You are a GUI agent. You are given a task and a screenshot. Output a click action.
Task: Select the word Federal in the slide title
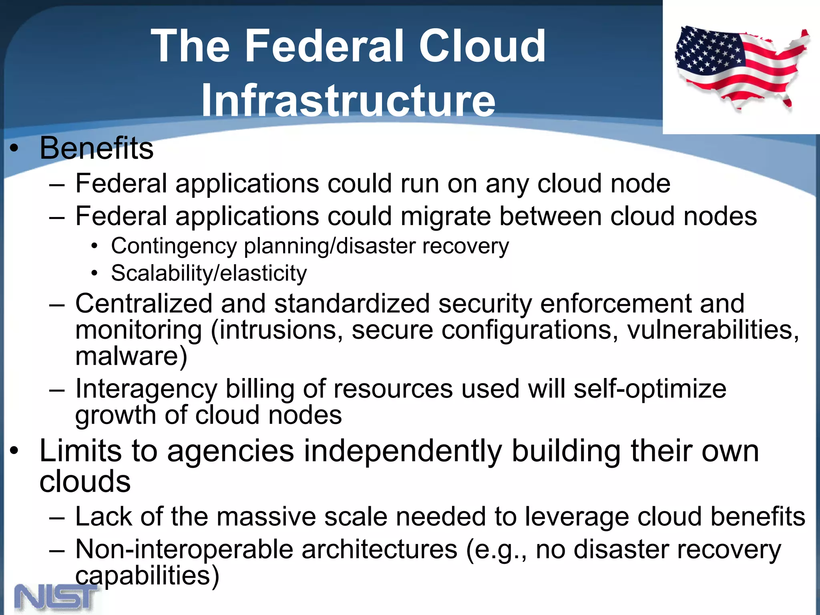(324, 46)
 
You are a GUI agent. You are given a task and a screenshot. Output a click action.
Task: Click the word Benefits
(96, 148)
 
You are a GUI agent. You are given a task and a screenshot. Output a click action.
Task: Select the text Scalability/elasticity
(209, 273)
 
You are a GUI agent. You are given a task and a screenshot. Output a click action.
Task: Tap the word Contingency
(174, 246)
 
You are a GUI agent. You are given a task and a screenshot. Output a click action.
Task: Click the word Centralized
(143, 303)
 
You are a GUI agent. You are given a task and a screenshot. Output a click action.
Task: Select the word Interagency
(146, 389)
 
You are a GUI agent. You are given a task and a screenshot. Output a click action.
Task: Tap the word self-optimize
(649, 389)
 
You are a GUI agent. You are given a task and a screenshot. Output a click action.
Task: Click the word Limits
(80, 451)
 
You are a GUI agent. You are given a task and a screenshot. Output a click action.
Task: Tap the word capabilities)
(147, 575)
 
